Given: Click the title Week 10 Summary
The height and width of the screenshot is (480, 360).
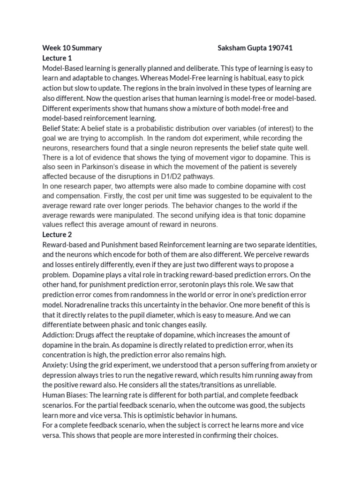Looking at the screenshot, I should pyautogui.click(x=72, y=48).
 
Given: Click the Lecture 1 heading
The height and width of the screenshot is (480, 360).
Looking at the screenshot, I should pyautogui.click(x=57, y=58).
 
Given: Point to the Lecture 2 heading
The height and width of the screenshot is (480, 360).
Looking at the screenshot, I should pyautogui.click(x=57, y=234).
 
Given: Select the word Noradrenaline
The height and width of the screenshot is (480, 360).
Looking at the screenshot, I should pyautogui.click(x=89, y=305).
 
